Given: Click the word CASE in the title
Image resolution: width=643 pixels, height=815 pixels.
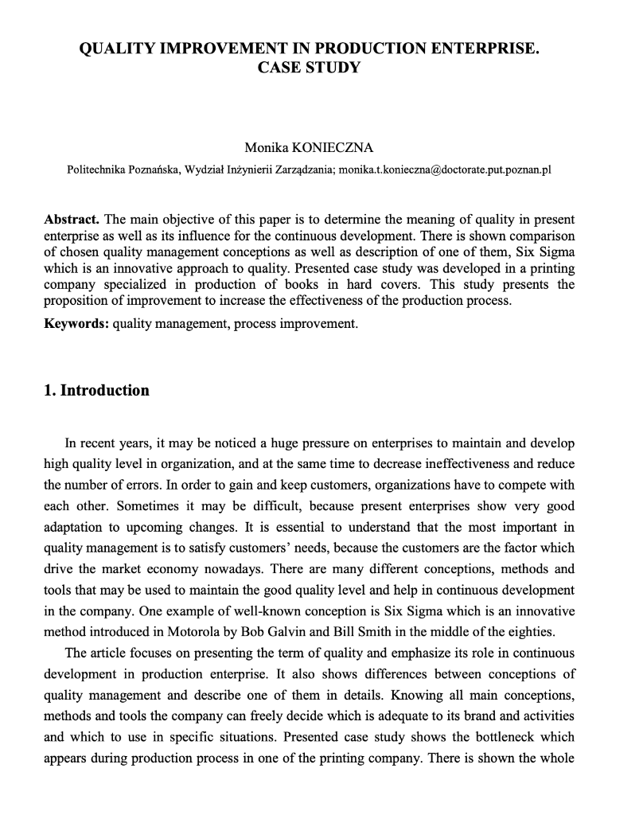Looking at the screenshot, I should (x=279, y=68).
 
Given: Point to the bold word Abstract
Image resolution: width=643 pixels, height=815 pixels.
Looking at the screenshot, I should (x=72, y=219).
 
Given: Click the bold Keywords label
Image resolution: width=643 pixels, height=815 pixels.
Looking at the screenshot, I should (x=76, y=325).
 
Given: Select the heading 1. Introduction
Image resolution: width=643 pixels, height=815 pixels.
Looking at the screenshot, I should (x=96, y=390).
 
